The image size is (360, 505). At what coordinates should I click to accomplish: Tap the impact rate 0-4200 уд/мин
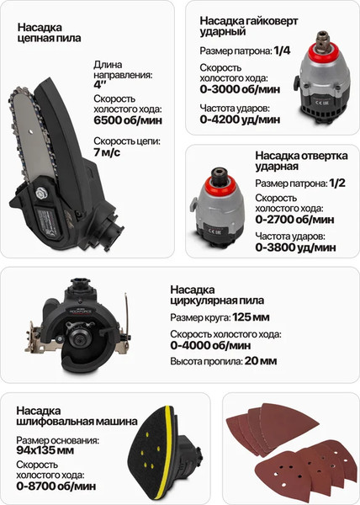tap(241, 120)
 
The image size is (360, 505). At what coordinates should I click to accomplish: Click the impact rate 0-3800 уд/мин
tap(294, 248)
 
